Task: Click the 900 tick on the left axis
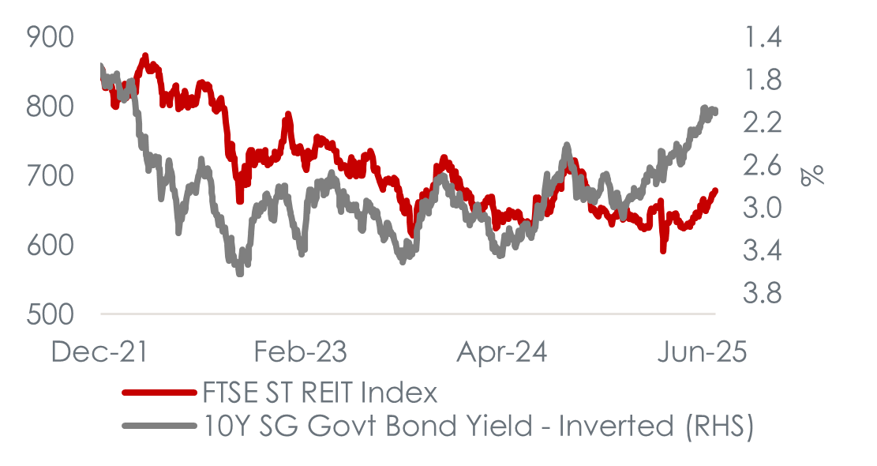50,36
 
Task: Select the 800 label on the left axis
50,106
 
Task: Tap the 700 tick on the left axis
50,175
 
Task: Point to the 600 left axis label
50,245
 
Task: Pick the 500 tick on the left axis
50,314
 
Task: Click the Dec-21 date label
99,351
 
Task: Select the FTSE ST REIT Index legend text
320,393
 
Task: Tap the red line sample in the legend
158,393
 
